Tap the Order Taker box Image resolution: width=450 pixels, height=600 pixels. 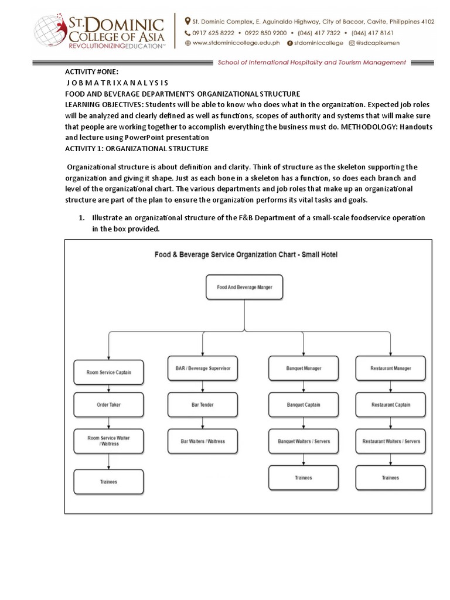coord(108,404)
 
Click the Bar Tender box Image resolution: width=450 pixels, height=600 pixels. coord(203,404)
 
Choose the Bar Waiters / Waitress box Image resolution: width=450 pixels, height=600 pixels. coord(203,441)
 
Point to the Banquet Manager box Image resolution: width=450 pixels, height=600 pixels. coord(304,368)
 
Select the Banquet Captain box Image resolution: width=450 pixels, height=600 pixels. coord(304,404)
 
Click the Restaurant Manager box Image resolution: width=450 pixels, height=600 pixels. coord(391,368)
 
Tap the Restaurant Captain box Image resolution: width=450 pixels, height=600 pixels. coord(391,404)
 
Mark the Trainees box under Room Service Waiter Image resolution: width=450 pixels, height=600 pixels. coord(108,482)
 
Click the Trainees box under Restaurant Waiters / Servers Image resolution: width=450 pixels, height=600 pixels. coord(391,478)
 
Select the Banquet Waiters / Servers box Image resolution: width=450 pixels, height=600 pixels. coord(304,441)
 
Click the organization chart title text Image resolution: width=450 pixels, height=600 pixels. coord(246,255)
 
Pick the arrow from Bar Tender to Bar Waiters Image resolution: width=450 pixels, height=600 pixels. coord(203,422)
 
